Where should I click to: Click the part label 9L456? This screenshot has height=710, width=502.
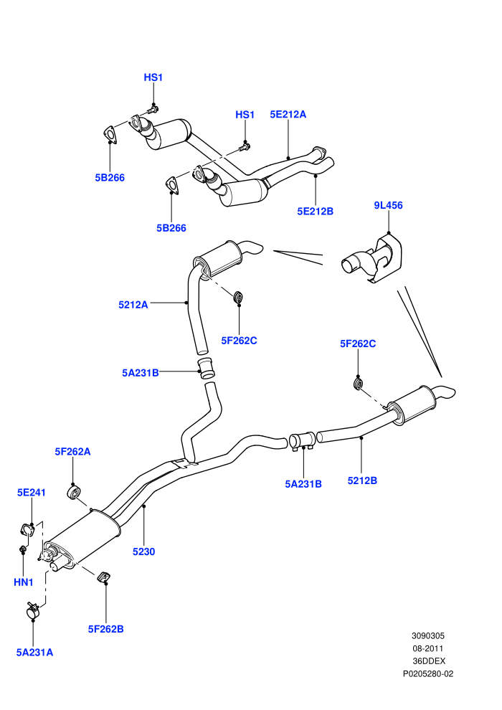[388, 205]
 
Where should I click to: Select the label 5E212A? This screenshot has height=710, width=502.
[288, 114]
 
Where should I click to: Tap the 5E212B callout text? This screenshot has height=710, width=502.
[315, 211]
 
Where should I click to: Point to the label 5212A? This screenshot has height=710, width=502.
[133, 305]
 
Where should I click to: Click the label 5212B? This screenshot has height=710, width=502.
[362, 481]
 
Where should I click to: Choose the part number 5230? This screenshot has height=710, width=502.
[143, 552]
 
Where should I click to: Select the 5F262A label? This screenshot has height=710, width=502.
[72, 451]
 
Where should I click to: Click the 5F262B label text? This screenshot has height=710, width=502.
[105, 629]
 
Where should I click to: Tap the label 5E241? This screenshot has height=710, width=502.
[32, 492]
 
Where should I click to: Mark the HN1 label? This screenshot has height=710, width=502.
[24, 582]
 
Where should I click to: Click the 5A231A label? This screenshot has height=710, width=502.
[34, 653]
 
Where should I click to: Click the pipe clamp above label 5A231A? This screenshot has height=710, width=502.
[32, 610]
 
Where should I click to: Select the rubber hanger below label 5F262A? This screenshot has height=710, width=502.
[73, 492]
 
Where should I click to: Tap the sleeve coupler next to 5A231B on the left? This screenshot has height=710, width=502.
[207, 368]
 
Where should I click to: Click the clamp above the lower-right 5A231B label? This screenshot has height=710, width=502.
[302, 442]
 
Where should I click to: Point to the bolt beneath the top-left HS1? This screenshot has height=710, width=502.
[153, 110]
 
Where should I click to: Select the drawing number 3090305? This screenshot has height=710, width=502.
[427, 635]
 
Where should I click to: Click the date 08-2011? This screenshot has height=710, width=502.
[427, 648]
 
